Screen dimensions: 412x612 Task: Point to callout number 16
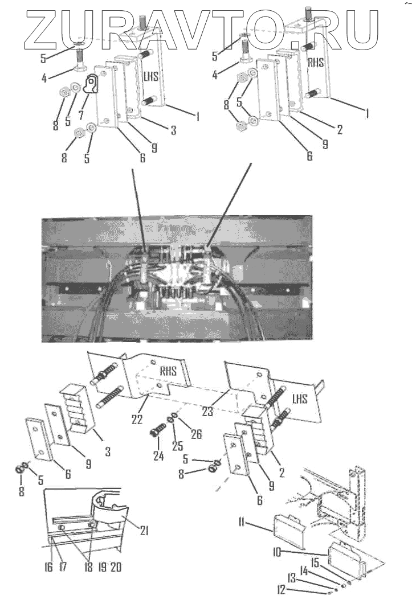pyautogui.click(x=48, y=567)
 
